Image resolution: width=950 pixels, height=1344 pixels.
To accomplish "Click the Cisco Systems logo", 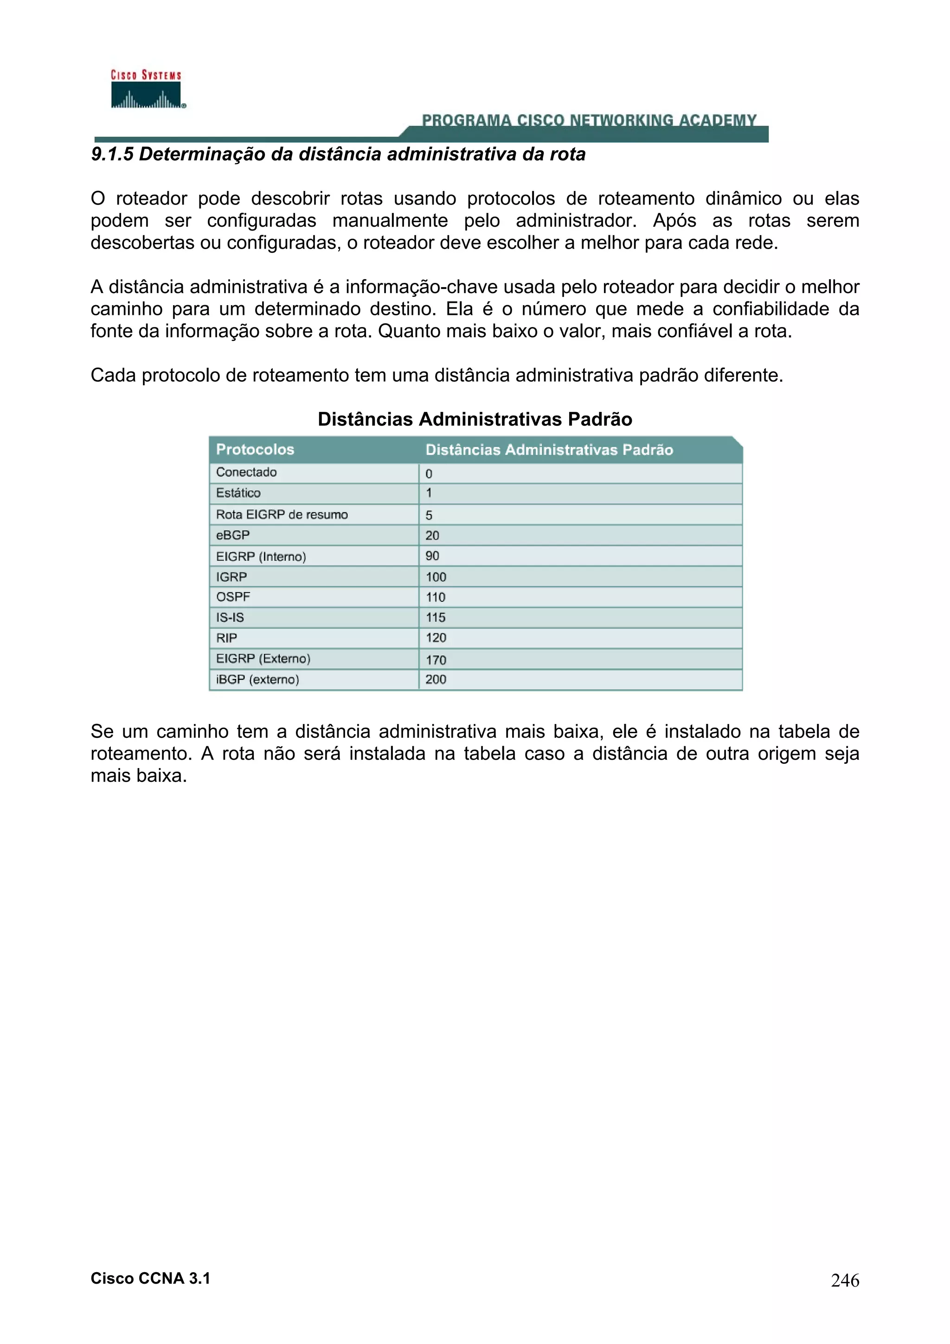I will pos(146,90).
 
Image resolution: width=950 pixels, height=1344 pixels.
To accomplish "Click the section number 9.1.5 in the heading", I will pos(112,154).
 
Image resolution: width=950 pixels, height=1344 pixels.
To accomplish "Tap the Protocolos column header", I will pos(255,449).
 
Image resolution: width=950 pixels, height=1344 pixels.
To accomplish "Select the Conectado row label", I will pos(246,473).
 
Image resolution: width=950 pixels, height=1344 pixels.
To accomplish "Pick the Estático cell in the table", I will pos(238,493).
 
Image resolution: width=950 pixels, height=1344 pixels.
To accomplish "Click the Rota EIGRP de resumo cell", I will pos(282,514).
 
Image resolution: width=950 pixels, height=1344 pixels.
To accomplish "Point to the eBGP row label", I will pos(232,535).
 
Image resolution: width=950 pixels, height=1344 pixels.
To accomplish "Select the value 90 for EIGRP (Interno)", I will pos(433,556).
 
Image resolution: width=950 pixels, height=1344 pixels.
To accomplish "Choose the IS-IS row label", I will pos(230,618).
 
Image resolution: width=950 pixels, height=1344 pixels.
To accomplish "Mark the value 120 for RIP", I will pos(436,638).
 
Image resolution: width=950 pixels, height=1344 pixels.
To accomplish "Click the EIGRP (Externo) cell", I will pos(263,659).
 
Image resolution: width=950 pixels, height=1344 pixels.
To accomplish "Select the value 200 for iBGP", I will pos(436,679).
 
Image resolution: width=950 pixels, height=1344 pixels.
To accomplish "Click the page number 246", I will pos(845,1281).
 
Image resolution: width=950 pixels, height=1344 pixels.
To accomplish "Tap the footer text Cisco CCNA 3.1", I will pos(150,1279).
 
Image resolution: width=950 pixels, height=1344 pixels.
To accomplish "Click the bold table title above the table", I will pos(475,419).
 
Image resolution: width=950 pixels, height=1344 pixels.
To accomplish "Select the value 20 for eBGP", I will pos(433,536).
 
